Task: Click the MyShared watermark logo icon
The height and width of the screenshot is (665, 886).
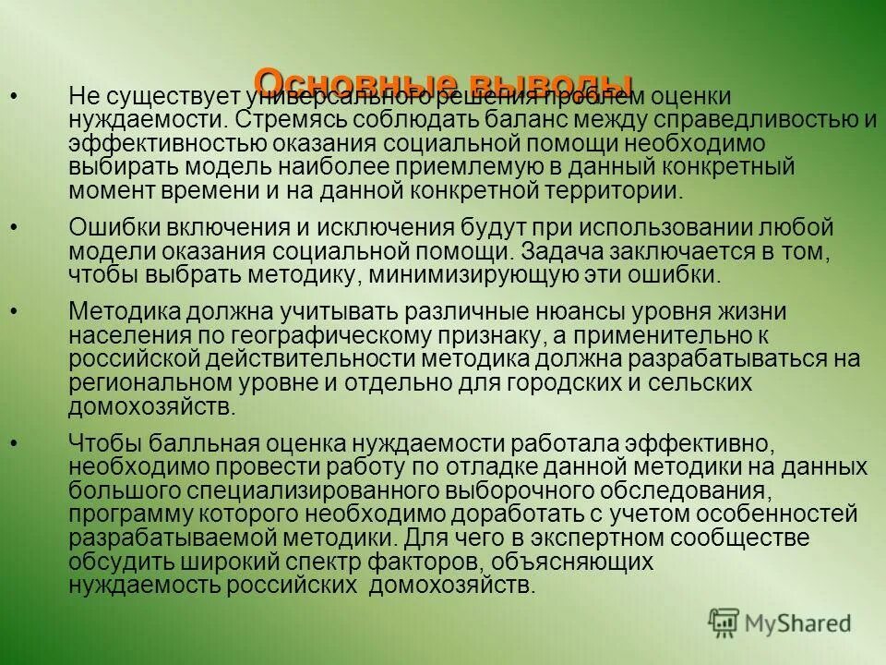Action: (x=724, y=621)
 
